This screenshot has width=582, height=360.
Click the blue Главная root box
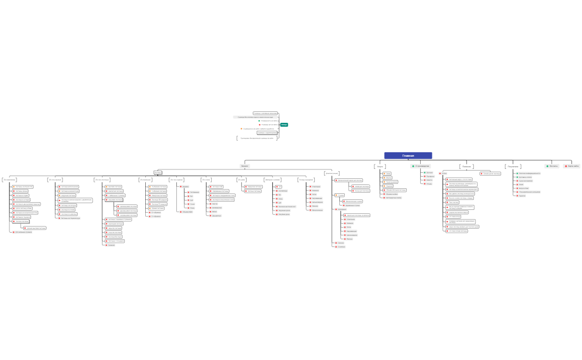pos(408,156)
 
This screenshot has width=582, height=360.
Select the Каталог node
pos(244,166)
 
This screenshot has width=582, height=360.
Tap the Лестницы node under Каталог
pos(157,173)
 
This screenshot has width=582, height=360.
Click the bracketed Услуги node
pos(380,166)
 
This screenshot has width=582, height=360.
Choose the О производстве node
pos(422,166)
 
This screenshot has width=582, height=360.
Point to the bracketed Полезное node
pos(466,166)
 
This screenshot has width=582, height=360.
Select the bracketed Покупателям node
pos(513,166)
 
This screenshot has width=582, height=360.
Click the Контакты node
pos(553,166)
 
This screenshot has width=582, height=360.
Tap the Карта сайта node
pos(573,166)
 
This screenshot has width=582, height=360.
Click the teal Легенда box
pos(284,125)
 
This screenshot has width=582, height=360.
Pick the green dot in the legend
pos(259,121)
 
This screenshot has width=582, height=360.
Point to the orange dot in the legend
pos(241,128)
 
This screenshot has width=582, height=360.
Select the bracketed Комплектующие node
pos(333,173)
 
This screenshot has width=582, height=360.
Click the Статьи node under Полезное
pos(445,173)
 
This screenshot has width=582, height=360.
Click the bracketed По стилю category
pos(206,179)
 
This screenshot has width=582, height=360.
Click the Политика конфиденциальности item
pos(530,173)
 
